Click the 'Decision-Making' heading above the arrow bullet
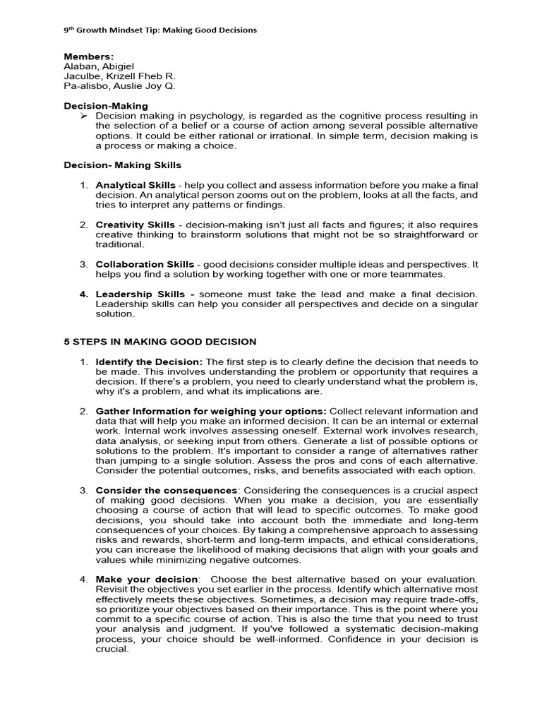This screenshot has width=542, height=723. [106, 106]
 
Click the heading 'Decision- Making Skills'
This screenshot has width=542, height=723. [123, 165]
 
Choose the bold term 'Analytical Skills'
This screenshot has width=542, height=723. [135, 185]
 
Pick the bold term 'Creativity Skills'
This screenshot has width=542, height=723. [135, 225]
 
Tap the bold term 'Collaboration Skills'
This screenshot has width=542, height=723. [145, 264]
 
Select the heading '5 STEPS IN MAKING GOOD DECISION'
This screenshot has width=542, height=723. [160, 342]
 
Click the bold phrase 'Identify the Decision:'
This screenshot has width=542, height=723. [149, 361]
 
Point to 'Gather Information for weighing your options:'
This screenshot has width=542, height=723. [211, 411]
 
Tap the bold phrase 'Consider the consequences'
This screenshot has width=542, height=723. [166, 490]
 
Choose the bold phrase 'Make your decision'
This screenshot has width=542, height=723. [140, 579]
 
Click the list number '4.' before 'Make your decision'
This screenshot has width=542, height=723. [83, 579]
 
